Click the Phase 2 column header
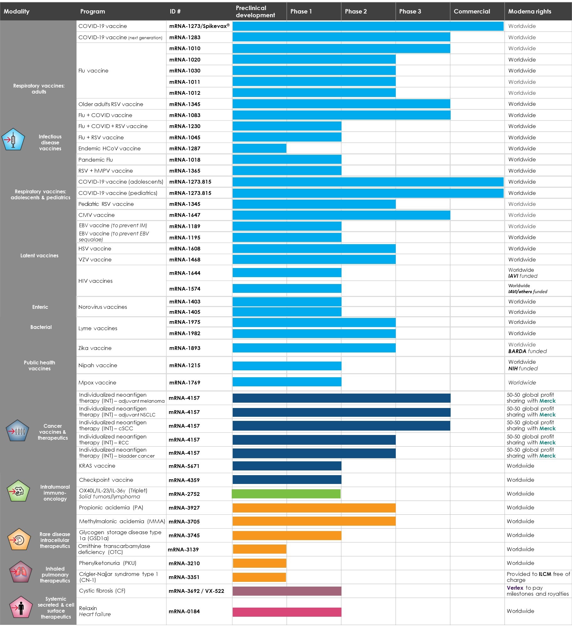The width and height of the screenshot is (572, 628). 356,12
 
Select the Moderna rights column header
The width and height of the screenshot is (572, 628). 529,12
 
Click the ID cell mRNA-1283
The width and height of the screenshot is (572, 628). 185,37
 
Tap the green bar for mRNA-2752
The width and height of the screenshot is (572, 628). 286,494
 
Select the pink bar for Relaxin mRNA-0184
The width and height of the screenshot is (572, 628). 287,612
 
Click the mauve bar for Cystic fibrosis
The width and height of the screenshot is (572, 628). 287,591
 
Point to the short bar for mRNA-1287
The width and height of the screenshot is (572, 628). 259,148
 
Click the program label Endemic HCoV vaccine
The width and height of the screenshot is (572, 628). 109,148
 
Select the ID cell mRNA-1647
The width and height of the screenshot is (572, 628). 185,215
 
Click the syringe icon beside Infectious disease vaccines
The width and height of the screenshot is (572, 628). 13,139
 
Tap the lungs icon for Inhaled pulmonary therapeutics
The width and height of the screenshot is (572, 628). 20,572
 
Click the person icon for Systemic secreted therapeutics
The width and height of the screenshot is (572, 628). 21,608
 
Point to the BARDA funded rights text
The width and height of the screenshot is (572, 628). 527,351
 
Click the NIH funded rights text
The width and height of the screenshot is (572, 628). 523,368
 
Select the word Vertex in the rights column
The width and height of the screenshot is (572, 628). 515,588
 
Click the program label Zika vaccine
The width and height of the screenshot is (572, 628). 95,348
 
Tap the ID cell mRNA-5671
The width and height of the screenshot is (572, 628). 184,466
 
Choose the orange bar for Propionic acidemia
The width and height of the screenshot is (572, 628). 314,508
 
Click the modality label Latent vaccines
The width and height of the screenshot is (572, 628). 39,255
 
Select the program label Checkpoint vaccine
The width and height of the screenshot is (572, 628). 106,480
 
